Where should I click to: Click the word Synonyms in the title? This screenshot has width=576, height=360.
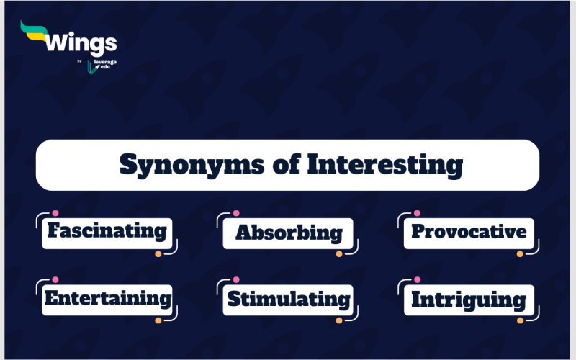(x=192, y=165)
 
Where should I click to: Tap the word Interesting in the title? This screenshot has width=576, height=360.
(x=385, y=165)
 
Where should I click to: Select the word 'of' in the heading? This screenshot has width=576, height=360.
(x=287, y=164)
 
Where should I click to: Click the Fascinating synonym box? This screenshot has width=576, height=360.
(x=107, y=233)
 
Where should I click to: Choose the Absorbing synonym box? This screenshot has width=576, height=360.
(x=288, y=233)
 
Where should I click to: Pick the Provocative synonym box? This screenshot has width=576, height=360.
(x=469, y=233)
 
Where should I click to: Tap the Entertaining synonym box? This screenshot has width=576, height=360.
(x=107, y=300)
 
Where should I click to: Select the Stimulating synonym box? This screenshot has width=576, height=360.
(x=288, y=300)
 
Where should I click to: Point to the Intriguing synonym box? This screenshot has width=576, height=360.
(x=469, y=300)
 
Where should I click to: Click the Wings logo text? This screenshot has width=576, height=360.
(x=81, y=43)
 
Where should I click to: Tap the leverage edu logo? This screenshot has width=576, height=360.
(x=102, y=66)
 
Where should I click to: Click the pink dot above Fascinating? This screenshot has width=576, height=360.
(x=55, y=213)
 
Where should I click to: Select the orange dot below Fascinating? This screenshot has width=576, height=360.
(x=158, y=254)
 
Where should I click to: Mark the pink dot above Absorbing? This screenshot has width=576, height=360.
(x=236, y=213)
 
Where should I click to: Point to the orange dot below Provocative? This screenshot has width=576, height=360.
(x=520, y=254)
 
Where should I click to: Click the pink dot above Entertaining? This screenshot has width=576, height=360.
(x=55, y=279)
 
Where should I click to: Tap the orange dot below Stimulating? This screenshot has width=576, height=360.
(x=339, y=320)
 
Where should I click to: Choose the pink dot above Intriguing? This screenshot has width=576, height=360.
(x=417, y=279)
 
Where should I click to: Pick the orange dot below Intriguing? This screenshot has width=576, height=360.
(x=520, y=320)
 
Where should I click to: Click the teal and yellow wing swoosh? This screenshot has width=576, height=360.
(x=34, y=32)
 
